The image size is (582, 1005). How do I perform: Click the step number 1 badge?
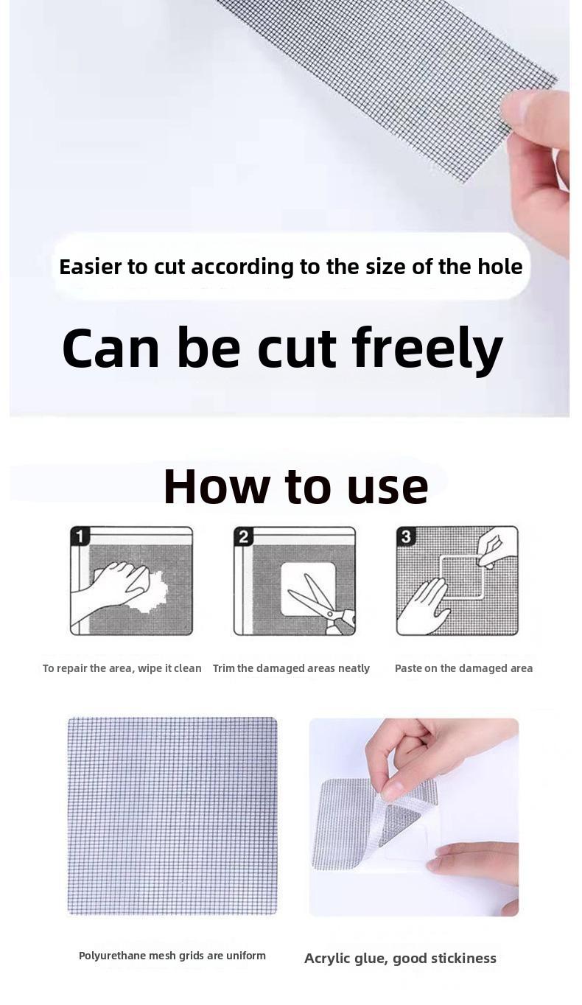pyautogui.click(x=80, y=536)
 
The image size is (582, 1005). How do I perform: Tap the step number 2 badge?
pyautogui.click(x=243, y=536)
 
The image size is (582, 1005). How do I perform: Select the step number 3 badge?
pyautogui.click(x=406, y=536)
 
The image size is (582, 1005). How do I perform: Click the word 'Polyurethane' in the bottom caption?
pyautogui.click(x=113, y=955)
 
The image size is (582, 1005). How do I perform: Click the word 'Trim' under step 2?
pyautogui.click(x=223, y=668)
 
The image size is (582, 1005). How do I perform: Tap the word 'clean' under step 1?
pyautogui.click(x=188, y=668)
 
